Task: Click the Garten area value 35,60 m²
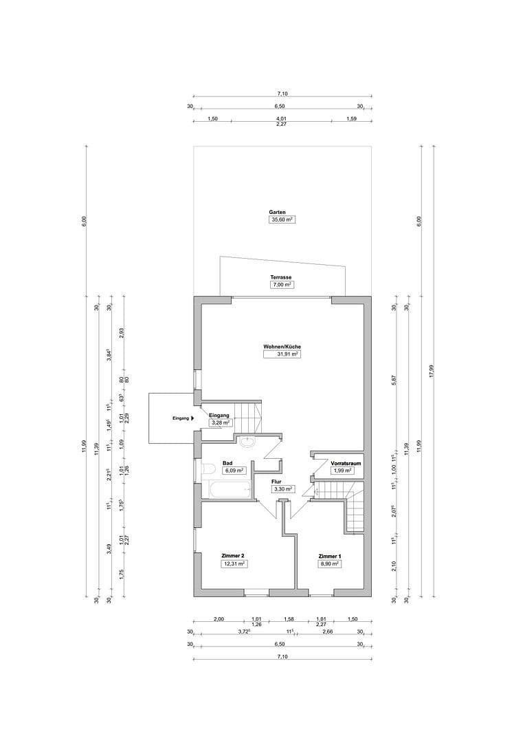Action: pyautogui.click(x=282, y=220)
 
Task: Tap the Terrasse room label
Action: pyautogui.click(x=282, y=277)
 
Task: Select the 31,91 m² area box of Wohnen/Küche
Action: pyautogui.click(x=282, y=354)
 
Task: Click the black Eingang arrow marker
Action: pyautogui.click(x=193, y=418)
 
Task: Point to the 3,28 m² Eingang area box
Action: pyautogui.click(x=219, y=423)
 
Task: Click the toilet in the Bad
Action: pyautogui.click(x=207, y=470)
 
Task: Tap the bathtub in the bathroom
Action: pyautogui.click(x=223, y=490)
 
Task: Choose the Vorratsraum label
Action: pyautogui.click(x=346, y=463)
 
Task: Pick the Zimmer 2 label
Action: pyautogui.click(x=233, y=555)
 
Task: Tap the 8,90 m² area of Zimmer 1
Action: pyautogui.click(x=330, y=563)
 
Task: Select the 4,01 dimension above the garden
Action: pyautogui.click(x=281, y=118)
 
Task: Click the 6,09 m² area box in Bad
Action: pyautogui.click(x=234, y=471)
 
